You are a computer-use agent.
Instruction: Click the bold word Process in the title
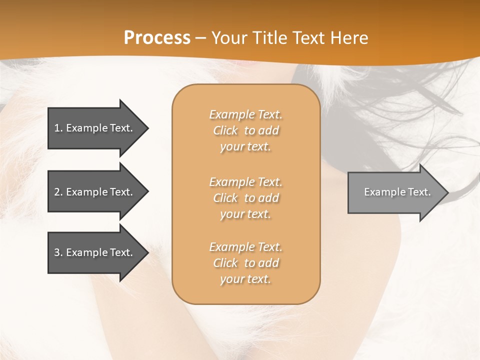click(x=157, y=37)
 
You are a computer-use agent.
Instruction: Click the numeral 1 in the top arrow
click(x=57, y=128)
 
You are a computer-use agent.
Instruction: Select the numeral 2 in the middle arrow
click(x=57, y=192)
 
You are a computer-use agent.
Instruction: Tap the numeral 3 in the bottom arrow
click(x=57, y=252)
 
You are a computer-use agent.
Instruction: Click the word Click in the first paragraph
click(x=225, y=130)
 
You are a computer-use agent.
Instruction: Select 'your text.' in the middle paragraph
click(x=245, y=214)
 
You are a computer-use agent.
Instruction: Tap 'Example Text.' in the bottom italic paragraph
click(x=245, y=247)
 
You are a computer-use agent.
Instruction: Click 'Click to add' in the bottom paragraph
click(x=245, y=263)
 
